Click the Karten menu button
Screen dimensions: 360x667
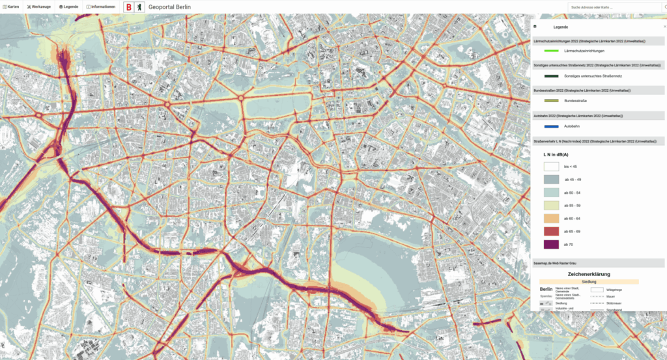[11, 7]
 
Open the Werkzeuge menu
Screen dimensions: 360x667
[38, 7]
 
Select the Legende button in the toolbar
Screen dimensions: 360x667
[68, 7]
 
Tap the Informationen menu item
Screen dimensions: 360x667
[102, 7]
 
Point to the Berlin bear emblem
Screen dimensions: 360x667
[139, 7]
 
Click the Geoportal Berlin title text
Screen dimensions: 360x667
[170, 7]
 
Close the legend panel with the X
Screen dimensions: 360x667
[664, 27]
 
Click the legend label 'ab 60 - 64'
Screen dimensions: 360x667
[574, 219]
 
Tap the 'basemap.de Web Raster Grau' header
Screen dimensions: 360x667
[561, 262]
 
